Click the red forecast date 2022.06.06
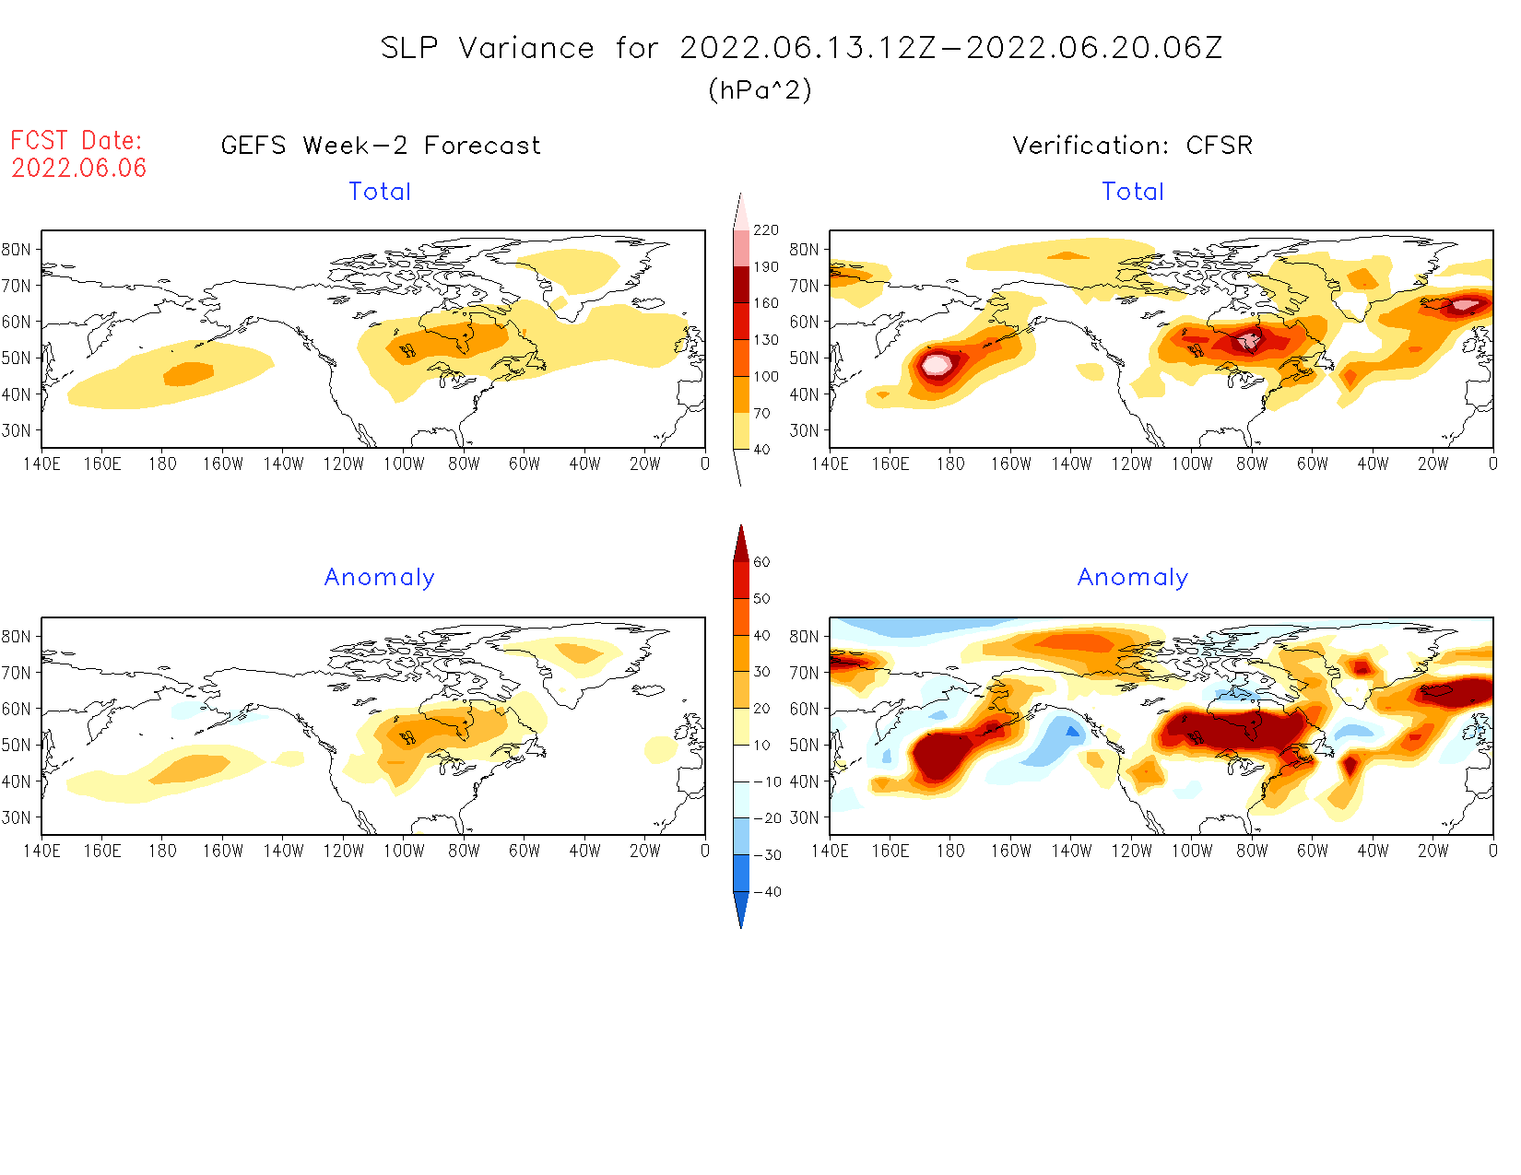coord(79,168)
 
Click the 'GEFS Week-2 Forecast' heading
coord(381,146)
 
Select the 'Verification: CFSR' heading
coord(1132,146)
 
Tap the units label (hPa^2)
coord(760,89)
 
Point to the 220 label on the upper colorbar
coord(765,230)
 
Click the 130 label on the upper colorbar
coord(765,340)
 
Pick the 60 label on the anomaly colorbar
coord(761,562)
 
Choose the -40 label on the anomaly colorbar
coord(767,892)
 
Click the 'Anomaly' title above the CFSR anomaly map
coord(1132,578)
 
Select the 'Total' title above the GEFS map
coord(380,192)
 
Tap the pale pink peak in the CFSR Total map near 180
coord(937,364)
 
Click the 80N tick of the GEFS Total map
coord(17,249)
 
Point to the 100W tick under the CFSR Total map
coord(1191,464)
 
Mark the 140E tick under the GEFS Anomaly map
coord(41,851)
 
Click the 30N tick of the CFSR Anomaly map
coord(804,817)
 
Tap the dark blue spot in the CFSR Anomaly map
coord(1072,731)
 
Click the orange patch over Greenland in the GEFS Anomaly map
coord(581,653)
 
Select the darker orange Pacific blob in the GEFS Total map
coord(189,374)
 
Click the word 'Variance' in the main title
coord(526,48)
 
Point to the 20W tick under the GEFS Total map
coord(644,464)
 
